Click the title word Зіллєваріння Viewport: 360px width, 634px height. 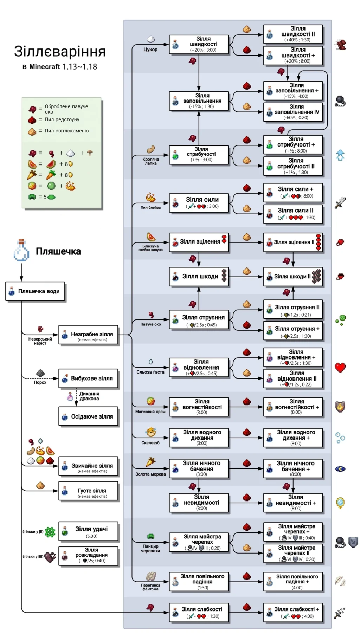tap(60, 52)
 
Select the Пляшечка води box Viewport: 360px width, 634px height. tap(35, 291)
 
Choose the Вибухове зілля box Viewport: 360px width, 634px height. tap(88, 379)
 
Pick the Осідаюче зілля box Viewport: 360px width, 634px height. tap(88, 416)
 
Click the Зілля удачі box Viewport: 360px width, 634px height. tap(88, 531)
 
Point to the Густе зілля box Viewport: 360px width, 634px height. tap(88, 491)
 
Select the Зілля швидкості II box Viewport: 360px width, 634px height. tap(293, 34)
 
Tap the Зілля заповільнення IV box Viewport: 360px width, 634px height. tap(293, 112)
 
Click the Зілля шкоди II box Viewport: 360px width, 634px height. tap(293, 277)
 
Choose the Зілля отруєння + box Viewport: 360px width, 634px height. tap(293, 331)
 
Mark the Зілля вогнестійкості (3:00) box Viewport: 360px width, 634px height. tap(199, 407)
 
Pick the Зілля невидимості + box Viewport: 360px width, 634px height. tap(293, 503)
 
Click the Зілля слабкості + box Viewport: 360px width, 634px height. tap(293, 613)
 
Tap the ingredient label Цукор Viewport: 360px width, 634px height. tap(150, 50)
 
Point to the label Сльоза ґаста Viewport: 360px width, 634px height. tap(150, 372)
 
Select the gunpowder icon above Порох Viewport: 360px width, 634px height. tap(40, 373)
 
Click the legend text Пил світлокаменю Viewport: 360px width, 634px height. tap(67, 131)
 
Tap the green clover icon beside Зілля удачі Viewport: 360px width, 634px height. tap(50, 532)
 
